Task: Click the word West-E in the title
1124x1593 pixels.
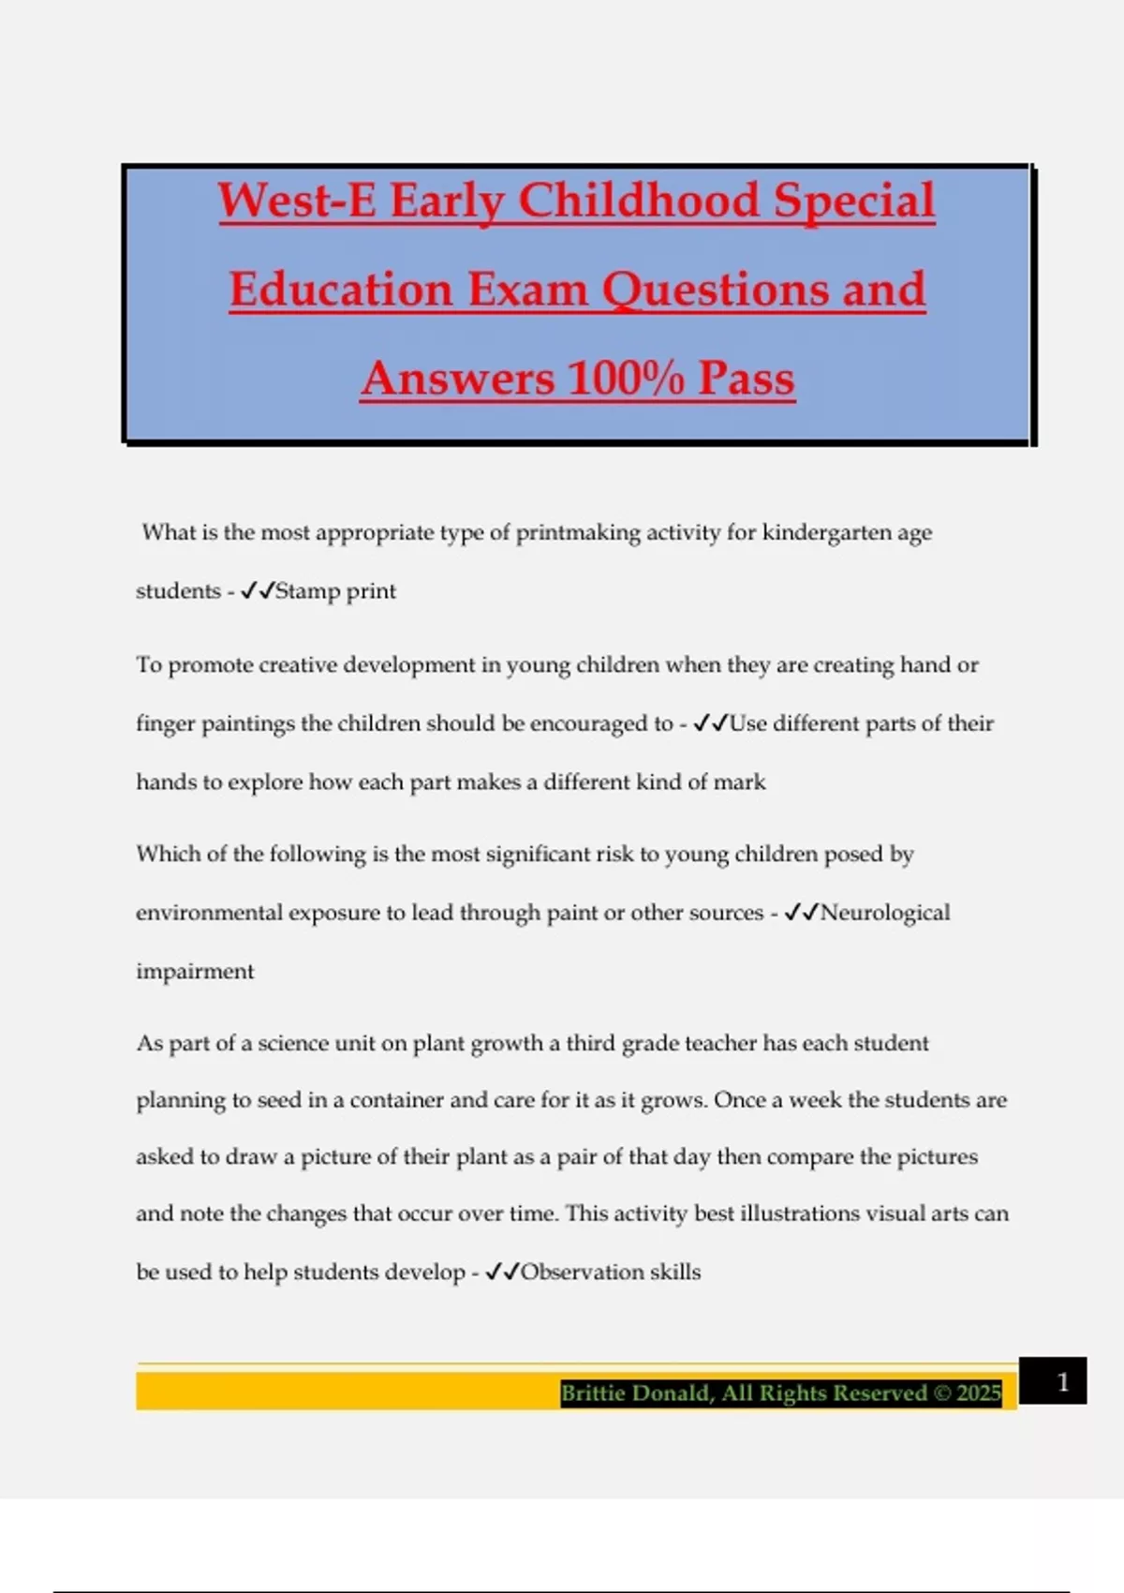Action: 297,201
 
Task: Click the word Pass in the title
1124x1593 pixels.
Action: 746,379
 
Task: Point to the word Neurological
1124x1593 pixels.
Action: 885,913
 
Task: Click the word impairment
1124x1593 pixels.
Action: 195,972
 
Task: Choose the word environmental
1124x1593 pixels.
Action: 209,913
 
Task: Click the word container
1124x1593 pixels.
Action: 396,1100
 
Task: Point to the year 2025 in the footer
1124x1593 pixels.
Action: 979,1393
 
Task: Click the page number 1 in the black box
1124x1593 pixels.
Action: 1062,1382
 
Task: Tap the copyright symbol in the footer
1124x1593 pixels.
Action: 941,1393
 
